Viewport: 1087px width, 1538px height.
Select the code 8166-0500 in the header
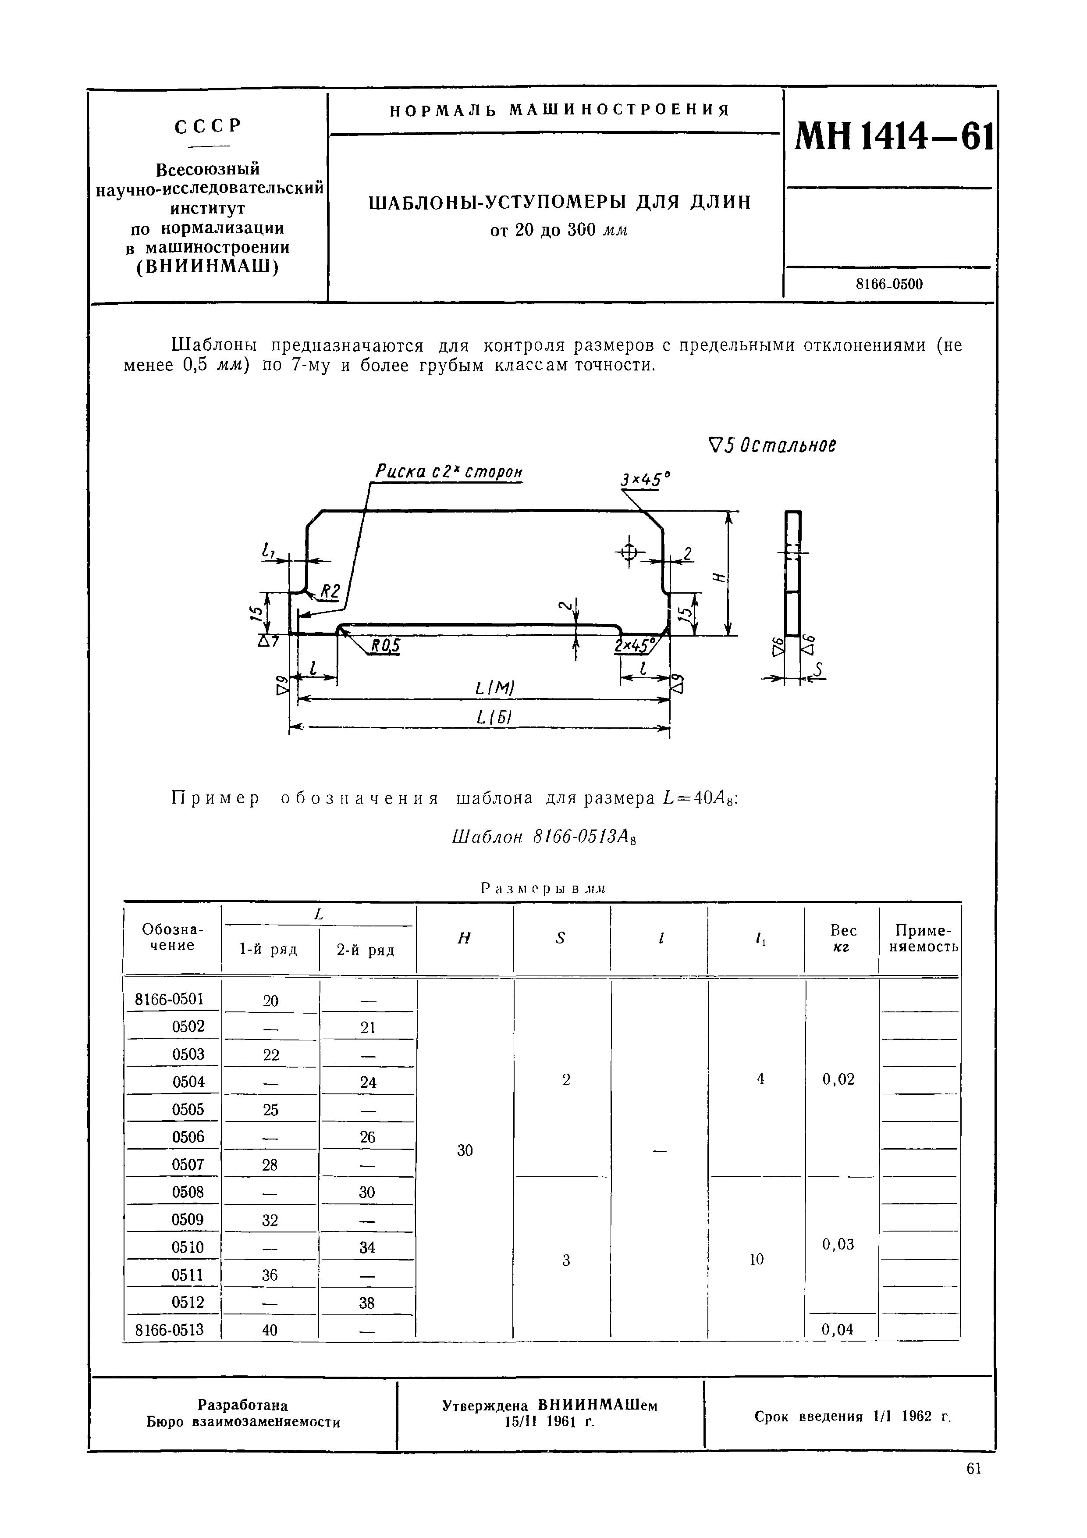[889, 284]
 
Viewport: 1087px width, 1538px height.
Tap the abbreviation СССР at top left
[208, 126]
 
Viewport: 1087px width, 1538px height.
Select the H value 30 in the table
[465, 1150]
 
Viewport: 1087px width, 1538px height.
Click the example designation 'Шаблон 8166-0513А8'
[543, 837]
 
